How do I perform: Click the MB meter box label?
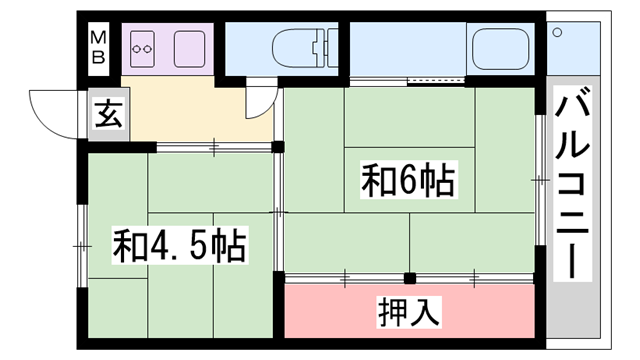click(99, 46)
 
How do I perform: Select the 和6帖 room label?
click(407, 182)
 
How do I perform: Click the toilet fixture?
click(300, 47)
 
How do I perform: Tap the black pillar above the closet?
click(409, 277)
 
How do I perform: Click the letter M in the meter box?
click(99, 38)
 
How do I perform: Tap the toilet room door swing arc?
click(262, 100)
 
